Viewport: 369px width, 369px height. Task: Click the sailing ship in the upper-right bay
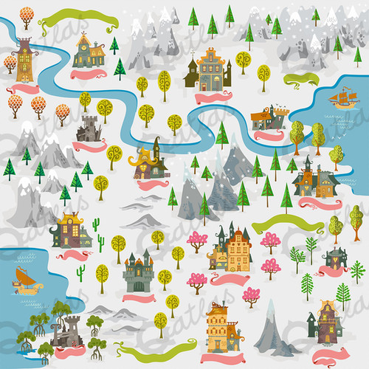(x=343, y=97)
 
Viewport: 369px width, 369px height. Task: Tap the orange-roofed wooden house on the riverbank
(x=268, y=117)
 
